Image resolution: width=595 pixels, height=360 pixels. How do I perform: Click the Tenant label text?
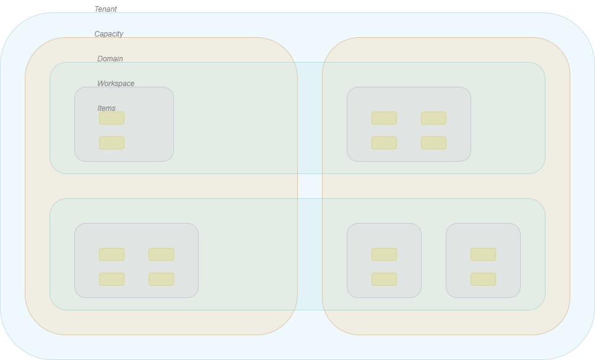coord(106,9)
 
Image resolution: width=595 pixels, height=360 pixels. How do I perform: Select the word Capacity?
coord(109,34)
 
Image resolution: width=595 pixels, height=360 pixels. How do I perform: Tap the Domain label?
coord(110,59)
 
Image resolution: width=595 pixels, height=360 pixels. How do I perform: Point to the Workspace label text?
coord(116,84)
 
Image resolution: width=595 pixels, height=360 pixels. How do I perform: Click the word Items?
coord(106,108)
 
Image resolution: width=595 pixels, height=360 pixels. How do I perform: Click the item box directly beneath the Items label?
coord(112,118)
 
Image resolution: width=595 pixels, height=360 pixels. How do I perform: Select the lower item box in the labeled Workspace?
coord(112,143)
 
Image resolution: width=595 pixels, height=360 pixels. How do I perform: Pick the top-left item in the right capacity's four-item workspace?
coord(384,118)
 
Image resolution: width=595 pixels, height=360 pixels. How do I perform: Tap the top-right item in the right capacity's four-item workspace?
coord(434,118)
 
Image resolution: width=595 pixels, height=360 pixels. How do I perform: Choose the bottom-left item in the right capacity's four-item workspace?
coord(384,143)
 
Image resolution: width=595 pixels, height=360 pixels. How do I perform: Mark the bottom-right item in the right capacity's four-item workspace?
coord(434,143)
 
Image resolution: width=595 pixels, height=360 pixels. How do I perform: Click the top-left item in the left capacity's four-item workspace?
coord(112,255)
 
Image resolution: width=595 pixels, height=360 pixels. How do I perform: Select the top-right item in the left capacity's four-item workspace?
coord(162,255)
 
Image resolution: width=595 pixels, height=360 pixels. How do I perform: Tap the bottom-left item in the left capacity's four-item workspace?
coord(112,279)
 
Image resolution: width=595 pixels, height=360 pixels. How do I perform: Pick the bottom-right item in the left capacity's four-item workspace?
coord(162,279)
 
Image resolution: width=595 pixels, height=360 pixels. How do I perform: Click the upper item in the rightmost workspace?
coord(484,255)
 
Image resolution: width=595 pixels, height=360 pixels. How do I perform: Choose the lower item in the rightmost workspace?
coord(484,279)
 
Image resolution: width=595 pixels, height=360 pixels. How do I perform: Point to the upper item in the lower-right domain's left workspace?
coord(384,255)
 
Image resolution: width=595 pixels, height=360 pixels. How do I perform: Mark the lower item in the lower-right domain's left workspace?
coord(384,279)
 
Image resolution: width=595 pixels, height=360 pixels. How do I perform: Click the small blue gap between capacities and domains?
coord(310,186)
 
